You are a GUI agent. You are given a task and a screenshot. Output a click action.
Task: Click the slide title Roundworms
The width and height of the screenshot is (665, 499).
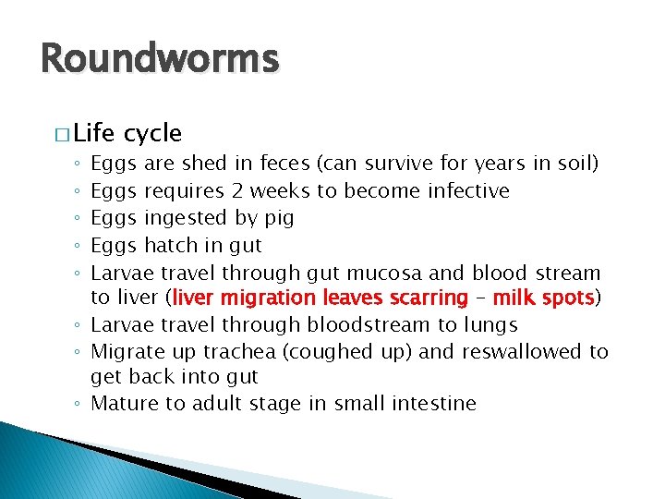point(159,59)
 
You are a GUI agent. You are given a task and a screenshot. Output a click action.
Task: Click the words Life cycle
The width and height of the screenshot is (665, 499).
point(127,133)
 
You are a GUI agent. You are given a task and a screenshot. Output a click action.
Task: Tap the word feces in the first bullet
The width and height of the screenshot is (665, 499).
point(284,164)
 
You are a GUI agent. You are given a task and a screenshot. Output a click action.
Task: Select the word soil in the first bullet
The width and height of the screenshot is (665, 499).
point(575,164)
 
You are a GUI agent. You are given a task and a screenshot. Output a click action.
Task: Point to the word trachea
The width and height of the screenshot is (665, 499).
point(241,352)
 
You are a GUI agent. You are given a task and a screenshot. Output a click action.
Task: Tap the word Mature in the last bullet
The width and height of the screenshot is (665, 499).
point(126,404)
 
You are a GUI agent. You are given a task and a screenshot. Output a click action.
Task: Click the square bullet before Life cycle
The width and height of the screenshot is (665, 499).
point(61,134)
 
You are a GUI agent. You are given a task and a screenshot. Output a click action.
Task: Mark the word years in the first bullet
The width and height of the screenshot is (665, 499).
point(500,164)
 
